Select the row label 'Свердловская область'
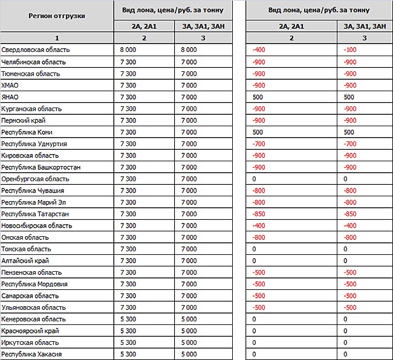pos(36,50)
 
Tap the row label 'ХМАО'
pos(11,85)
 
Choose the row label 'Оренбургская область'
pos(35,179)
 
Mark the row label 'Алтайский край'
pos(25,260)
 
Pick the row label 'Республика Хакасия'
pos(31,354)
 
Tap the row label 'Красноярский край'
pos(30,331)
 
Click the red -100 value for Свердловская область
pos(349,50)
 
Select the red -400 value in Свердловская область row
pos(259,50)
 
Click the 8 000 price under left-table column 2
pos(128,50)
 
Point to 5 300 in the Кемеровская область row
pos(128,319)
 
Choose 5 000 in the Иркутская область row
pos(189,342)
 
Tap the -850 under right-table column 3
pos(349,214)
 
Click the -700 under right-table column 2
pos(259,144)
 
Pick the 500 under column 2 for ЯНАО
pos(258,97)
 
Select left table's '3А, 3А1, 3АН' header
pos(204,26)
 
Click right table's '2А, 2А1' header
pos(291,26)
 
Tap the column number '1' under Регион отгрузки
pos(56,37)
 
